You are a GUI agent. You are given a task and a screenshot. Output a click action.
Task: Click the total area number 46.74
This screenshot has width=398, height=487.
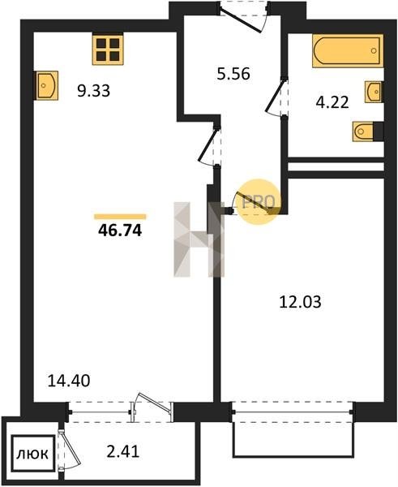(120, 231)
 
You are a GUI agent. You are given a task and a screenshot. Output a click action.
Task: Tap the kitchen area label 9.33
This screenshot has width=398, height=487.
(94, 91)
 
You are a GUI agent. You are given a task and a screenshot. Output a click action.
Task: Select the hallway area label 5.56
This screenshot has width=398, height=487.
(233, 74)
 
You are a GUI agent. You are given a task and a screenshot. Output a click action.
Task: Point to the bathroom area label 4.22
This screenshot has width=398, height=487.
(332, 102)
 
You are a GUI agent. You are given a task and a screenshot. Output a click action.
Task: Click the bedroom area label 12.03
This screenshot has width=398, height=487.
(300, 302)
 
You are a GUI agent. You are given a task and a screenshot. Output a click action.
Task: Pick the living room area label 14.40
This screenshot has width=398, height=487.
(69, 381)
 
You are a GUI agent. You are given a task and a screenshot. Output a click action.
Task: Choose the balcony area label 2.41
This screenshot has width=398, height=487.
(123, 451)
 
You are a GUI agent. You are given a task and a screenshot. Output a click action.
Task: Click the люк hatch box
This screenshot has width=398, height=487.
(33, 454)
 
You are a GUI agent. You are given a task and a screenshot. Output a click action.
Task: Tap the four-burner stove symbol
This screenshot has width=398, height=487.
(108, 50)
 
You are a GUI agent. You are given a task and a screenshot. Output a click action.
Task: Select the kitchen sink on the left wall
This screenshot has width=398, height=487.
(47, 85)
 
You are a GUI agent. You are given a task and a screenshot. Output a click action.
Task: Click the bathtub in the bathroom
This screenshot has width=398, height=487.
(348, 50)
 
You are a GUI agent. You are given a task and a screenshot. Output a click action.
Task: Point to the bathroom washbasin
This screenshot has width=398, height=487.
(373, 92)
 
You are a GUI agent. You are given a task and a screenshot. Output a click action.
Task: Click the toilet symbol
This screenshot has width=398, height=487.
(364, 131)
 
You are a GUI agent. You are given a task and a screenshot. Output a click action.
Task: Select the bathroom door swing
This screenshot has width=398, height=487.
(276, 97)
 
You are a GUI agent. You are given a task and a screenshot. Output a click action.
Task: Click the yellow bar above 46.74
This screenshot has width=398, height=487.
(120, 217)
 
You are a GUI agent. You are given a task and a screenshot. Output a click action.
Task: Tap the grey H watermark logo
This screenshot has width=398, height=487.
(199, 239)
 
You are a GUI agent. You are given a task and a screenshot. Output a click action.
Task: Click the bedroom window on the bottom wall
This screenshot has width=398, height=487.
(293, 412)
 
